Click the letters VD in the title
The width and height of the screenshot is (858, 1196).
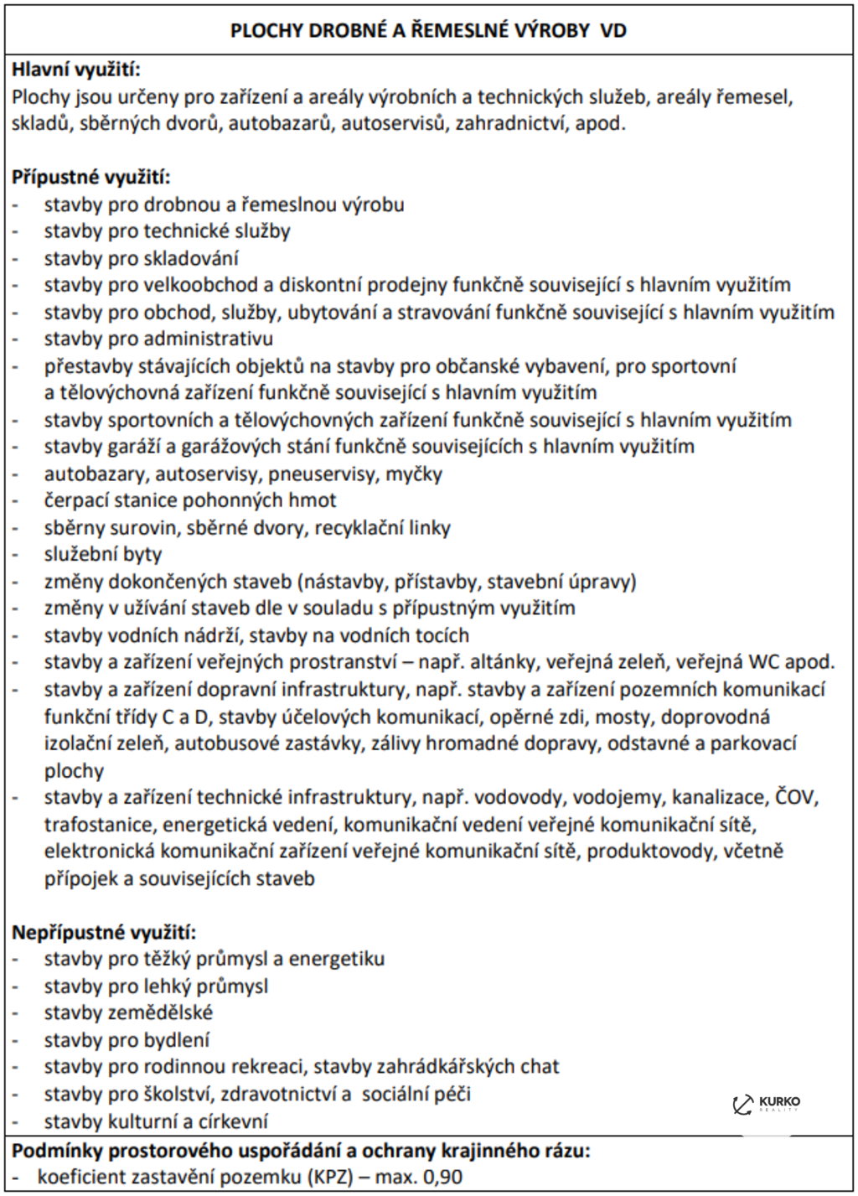point(613,31)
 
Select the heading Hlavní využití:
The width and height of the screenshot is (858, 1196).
point(76,70)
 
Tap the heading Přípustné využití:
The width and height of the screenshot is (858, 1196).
point(91,178)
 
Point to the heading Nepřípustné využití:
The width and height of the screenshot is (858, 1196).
point(104,932)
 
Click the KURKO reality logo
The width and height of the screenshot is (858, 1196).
point(766,1104)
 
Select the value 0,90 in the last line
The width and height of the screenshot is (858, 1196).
point(442,1177)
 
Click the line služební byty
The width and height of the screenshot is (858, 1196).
point(103,555)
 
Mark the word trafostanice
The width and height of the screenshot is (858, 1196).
point(99,825)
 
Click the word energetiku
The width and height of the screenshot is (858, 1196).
point(337,959)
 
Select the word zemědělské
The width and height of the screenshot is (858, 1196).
point(161,1012)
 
